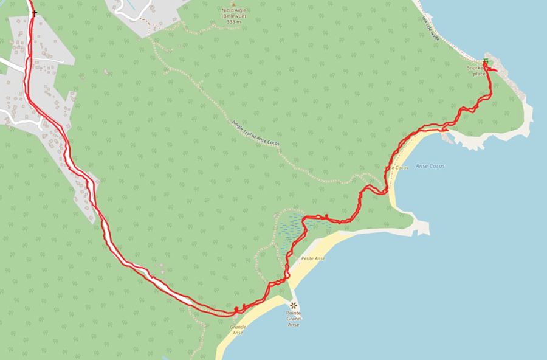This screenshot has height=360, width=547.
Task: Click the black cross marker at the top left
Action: pyautogui.click(x=35, y=13)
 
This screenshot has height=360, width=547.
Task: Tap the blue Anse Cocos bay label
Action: pyautogui.click(x=430, y=165)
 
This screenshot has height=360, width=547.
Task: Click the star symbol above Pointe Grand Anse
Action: pyautogui.click(x=294, y=304)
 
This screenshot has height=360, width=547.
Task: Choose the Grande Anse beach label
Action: pyautogui.click(x=237, y=330)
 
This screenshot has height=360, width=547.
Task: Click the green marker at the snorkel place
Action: pyautogui.click(x=485, y=61)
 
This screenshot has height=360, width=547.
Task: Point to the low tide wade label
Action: pyautogui.click(x=430, y=28)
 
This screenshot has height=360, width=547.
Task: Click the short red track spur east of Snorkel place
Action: pyautogui.click(x=493, y=71)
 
